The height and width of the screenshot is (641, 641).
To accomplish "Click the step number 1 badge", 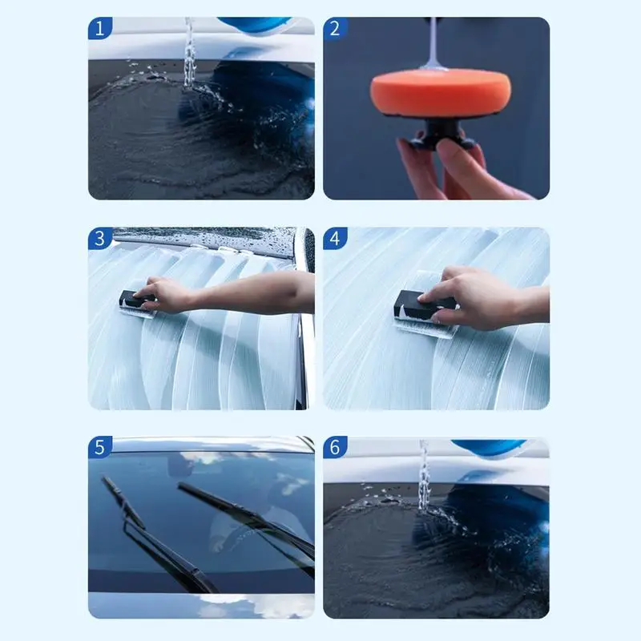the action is (x=99, y=29).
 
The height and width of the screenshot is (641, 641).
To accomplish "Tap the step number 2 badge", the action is (x=335, y=29).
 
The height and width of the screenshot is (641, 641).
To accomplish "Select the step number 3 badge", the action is (x=99, y=238).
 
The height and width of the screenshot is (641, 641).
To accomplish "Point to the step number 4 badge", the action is (x=335, y=238).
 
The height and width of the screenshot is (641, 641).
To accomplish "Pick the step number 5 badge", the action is (x=99, y=447).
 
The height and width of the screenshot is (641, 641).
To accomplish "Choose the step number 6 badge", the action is (x=335, y=447).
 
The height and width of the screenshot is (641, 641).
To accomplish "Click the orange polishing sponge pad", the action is (x=441, y=93).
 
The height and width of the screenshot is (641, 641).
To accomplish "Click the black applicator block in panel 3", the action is (x=135, y=300).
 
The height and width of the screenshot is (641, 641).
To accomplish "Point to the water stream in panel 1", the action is (x=189, y=52).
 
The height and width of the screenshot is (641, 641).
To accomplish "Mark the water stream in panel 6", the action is (x=424, y=474).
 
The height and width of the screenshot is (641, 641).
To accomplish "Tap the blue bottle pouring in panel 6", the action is (x=490, y=447).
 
